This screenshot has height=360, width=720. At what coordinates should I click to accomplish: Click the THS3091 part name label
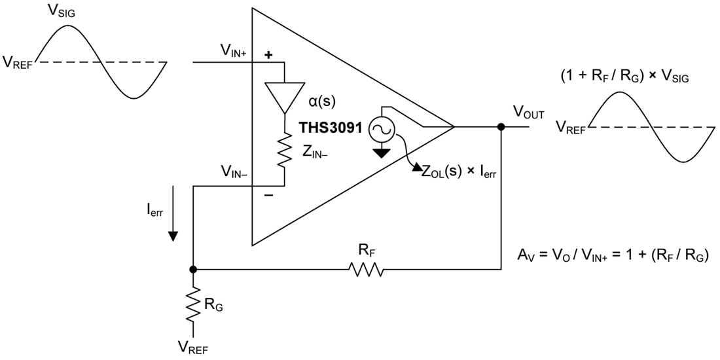(331, 128)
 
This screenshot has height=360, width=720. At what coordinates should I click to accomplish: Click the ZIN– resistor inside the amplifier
(285, 151)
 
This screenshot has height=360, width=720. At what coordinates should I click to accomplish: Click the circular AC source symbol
(381, 131)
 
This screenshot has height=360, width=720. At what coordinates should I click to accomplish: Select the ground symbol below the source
(381, 153)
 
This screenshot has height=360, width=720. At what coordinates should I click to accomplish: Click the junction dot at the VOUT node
(501, 127)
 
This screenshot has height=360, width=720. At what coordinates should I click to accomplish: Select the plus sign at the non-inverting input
(268, 56)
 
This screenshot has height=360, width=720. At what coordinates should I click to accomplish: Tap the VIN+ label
(232, 50)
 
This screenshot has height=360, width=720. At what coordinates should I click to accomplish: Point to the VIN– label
(232, 172)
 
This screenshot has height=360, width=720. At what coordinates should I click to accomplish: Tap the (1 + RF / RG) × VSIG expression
(624, 77)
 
